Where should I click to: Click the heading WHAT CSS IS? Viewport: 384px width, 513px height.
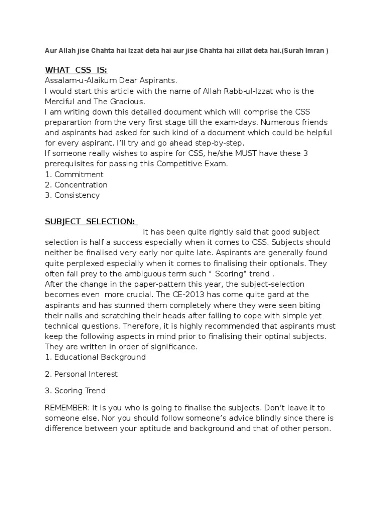[x=76, y=69]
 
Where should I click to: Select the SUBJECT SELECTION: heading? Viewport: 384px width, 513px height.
[x=91, y=221]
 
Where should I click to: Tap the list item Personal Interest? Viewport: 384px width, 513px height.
[x=86, y=374]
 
